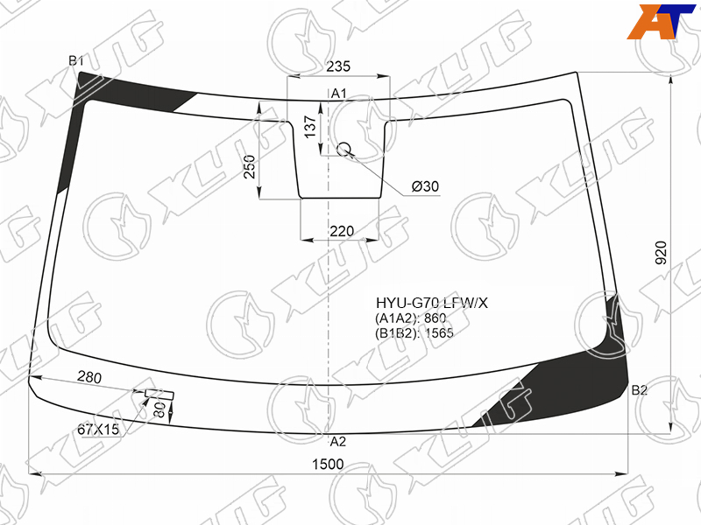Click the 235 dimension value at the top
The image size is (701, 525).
[x=338, y=66]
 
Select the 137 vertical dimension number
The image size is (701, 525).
[x=310, y=127]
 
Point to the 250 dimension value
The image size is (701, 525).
[x=250, y=166]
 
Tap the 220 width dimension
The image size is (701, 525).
[x=342, y=231]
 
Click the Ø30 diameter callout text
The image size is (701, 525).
[x=425, y=185]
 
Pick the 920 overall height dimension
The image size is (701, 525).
[x=661, y=253]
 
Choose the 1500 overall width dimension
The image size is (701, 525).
[x=328, y=465]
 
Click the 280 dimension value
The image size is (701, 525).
[x=89, y=377]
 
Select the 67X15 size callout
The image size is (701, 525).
[x=98, y=430]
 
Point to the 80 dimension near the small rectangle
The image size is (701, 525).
[x=159, y=409]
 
